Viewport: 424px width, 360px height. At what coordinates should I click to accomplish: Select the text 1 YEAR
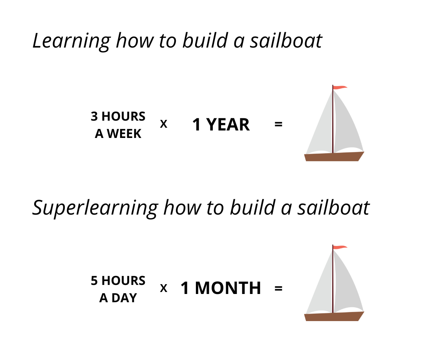click(221, 125)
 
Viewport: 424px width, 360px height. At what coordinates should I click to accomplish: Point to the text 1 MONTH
click(221, 288)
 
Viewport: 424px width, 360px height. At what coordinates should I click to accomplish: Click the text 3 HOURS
click(118, 116)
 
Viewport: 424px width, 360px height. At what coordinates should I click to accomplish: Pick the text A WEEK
click(118, 134)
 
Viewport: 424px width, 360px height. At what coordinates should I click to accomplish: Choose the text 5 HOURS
click(118, 281)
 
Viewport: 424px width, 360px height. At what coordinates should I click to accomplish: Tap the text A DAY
click(118, 298)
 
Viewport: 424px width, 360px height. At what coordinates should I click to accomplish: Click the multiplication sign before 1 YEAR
click(164, 124)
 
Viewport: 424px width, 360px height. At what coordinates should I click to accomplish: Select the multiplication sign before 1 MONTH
click(164, 288)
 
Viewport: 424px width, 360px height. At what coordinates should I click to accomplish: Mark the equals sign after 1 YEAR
click(278, 125)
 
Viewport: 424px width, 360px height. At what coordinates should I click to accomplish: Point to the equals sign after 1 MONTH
click(278, 288)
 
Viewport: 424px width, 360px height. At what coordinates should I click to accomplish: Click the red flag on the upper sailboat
click(340, 87)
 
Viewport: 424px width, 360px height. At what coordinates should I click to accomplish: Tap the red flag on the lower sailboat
click(340, 247)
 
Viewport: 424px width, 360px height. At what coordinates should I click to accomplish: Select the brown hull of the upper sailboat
click(334, 157)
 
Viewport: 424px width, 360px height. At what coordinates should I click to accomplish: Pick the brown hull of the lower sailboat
click(334, 317)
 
